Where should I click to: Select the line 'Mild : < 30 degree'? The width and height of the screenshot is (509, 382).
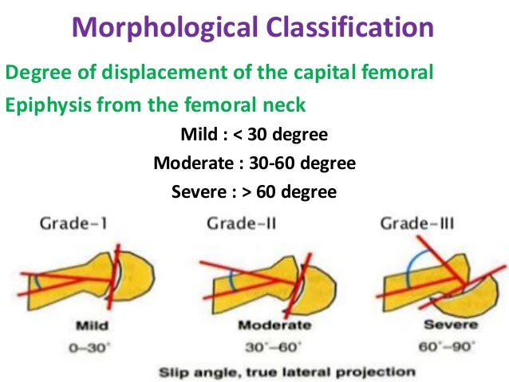(x=253, y=135)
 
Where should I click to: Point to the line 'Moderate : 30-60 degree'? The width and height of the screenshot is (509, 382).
(x=253, y=163)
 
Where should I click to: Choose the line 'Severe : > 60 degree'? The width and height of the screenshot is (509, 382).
(x=253, y=191)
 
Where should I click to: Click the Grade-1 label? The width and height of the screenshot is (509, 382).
(x=73, y=223)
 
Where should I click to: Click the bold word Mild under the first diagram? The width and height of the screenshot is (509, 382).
(x=94, y=326)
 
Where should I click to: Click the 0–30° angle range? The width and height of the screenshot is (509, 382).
(x=93, y=348)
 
